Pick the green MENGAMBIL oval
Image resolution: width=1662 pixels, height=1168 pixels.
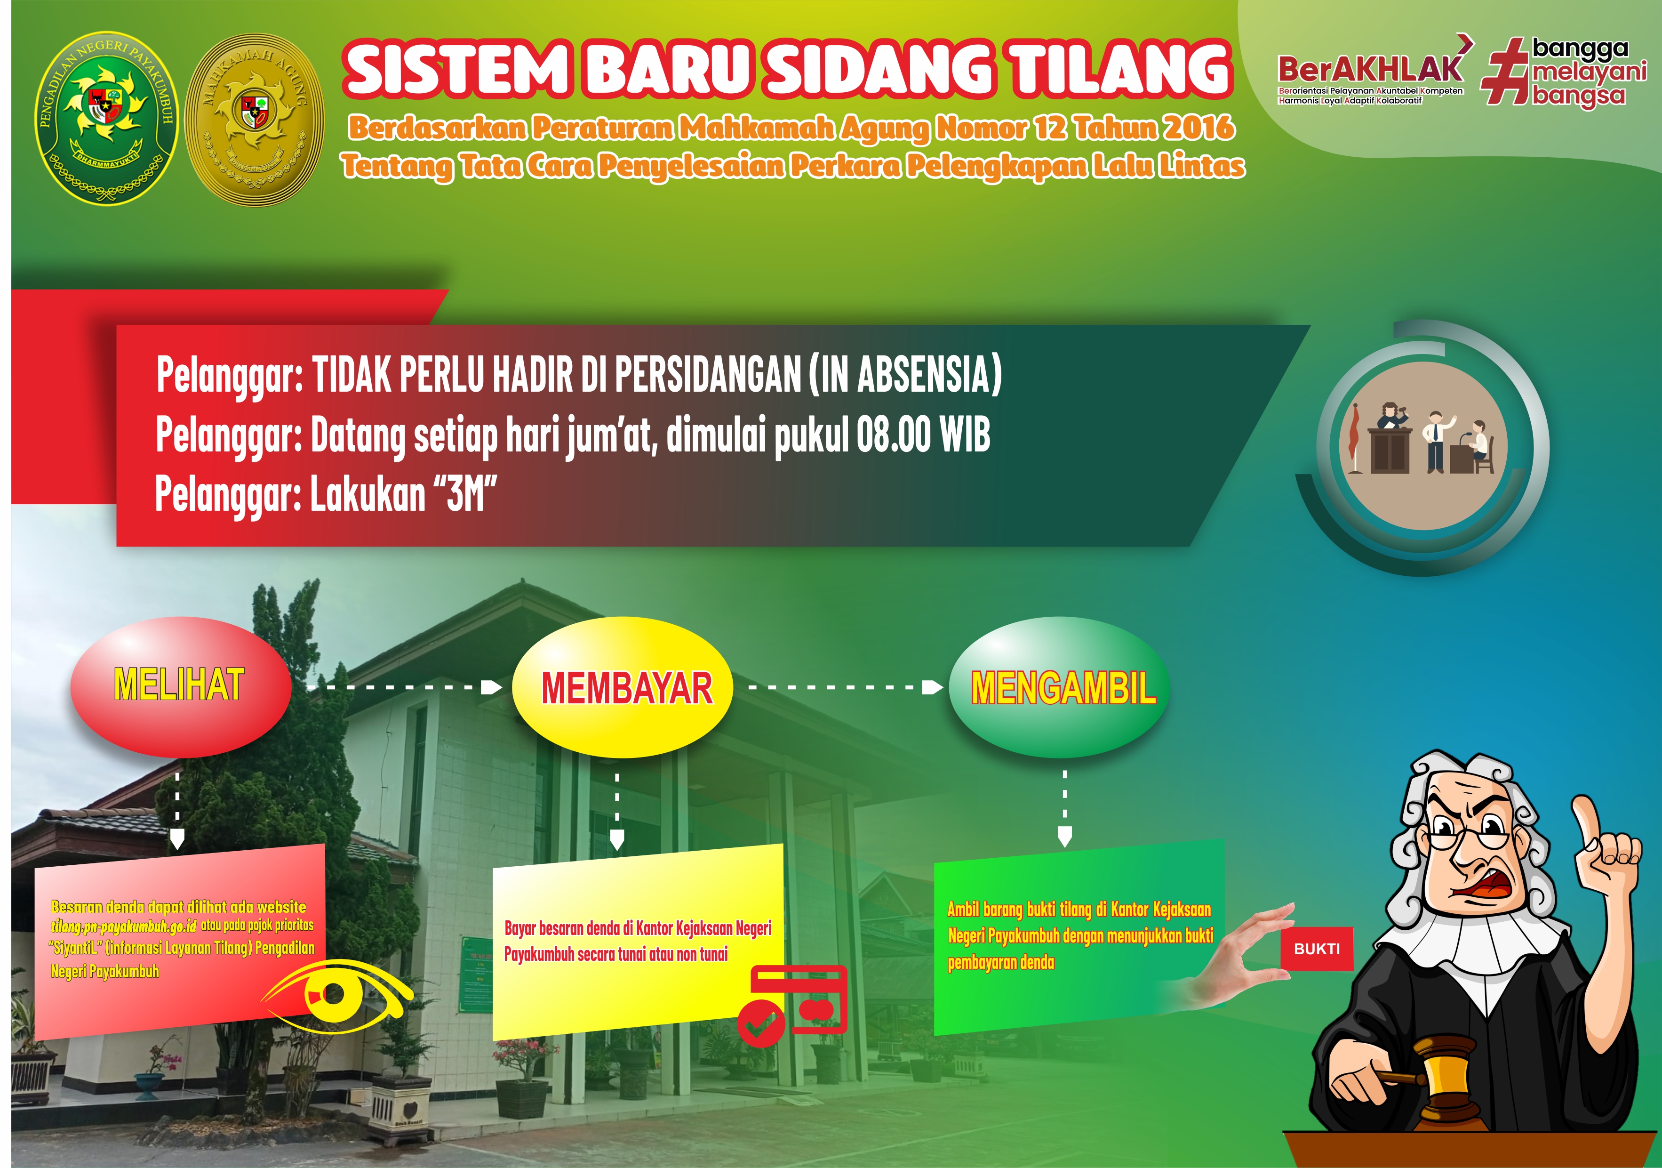(1059, 687)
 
